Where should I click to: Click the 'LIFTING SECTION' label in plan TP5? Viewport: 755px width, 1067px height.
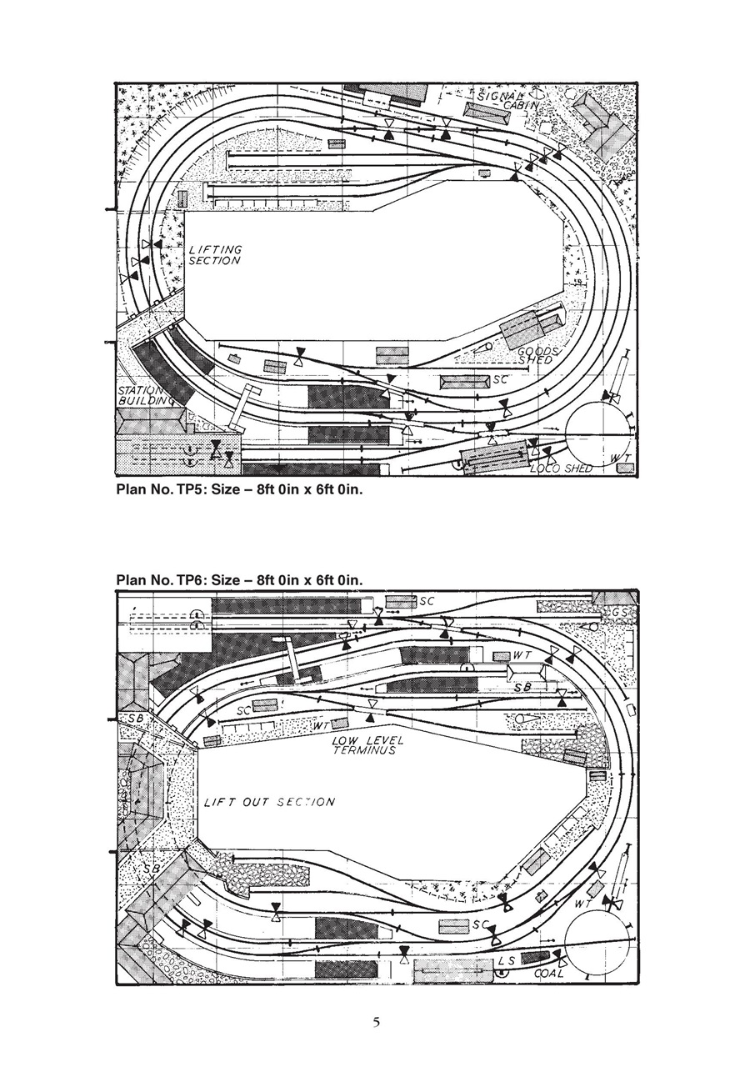tap(215, 255)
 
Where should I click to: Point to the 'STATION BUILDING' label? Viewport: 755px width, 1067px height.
tap(142, 395)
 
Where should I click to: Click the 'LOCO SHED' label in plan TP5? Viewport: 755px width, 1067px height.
tap(561, 468)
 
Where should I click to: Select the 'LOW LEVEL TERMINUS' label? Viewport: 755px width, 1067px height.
tap(367, 745)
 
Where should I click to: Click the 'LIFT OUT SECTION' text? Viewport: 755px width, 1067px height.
tap(269, 802)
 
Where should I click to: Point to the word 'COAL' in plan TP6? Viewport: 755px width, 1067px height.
tap(548, 973)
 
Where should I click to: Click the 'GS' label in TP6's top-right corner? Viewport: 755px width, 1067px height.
tap(618, 612)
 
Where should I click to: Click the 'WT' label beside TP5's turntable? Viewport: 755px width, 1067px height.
tap(618, 458)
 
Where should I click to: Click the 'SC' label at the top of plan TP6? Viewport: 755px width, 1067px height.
tap(427, 600)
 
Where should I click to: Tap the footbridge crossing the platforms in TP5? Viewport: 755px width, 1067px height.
tap(241, 408)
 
